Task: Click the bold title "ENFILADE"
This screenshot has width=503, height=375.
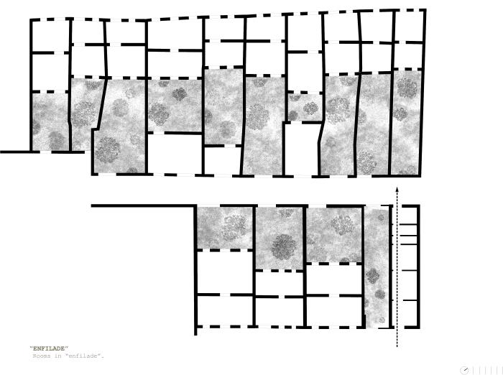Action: (x=49, y=348)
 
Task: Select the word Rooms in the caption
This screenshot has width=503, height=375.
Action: (x=42, y=356)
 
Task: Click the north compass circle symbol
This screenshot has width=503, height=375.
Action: (x=465, y=369)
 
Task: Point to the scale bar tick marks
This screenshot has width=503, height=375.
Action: (x=485, y=369)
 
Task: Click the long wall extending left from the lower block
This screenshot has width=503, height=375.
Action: (x=144, y=206)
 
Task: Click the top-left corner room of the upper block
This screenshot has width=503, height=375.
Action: (x=50, y=35)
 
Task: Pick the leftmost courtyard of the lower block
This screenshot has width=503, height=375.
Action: (x=225, y=227)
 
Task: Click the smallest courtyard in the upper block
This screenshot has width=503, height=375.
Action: (x=304, y=106)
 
